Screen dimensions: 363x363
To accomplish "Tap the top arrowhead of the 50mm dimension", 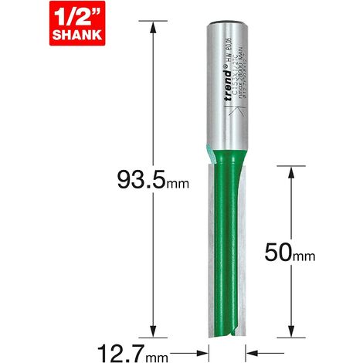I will pyautogui.click(x=291, y=171).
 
